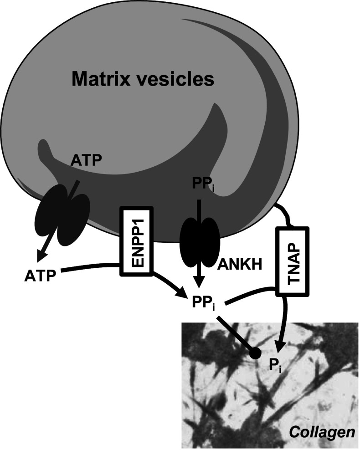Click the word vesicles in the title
point(175,80)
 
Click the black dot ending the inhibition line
point(255,353)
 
